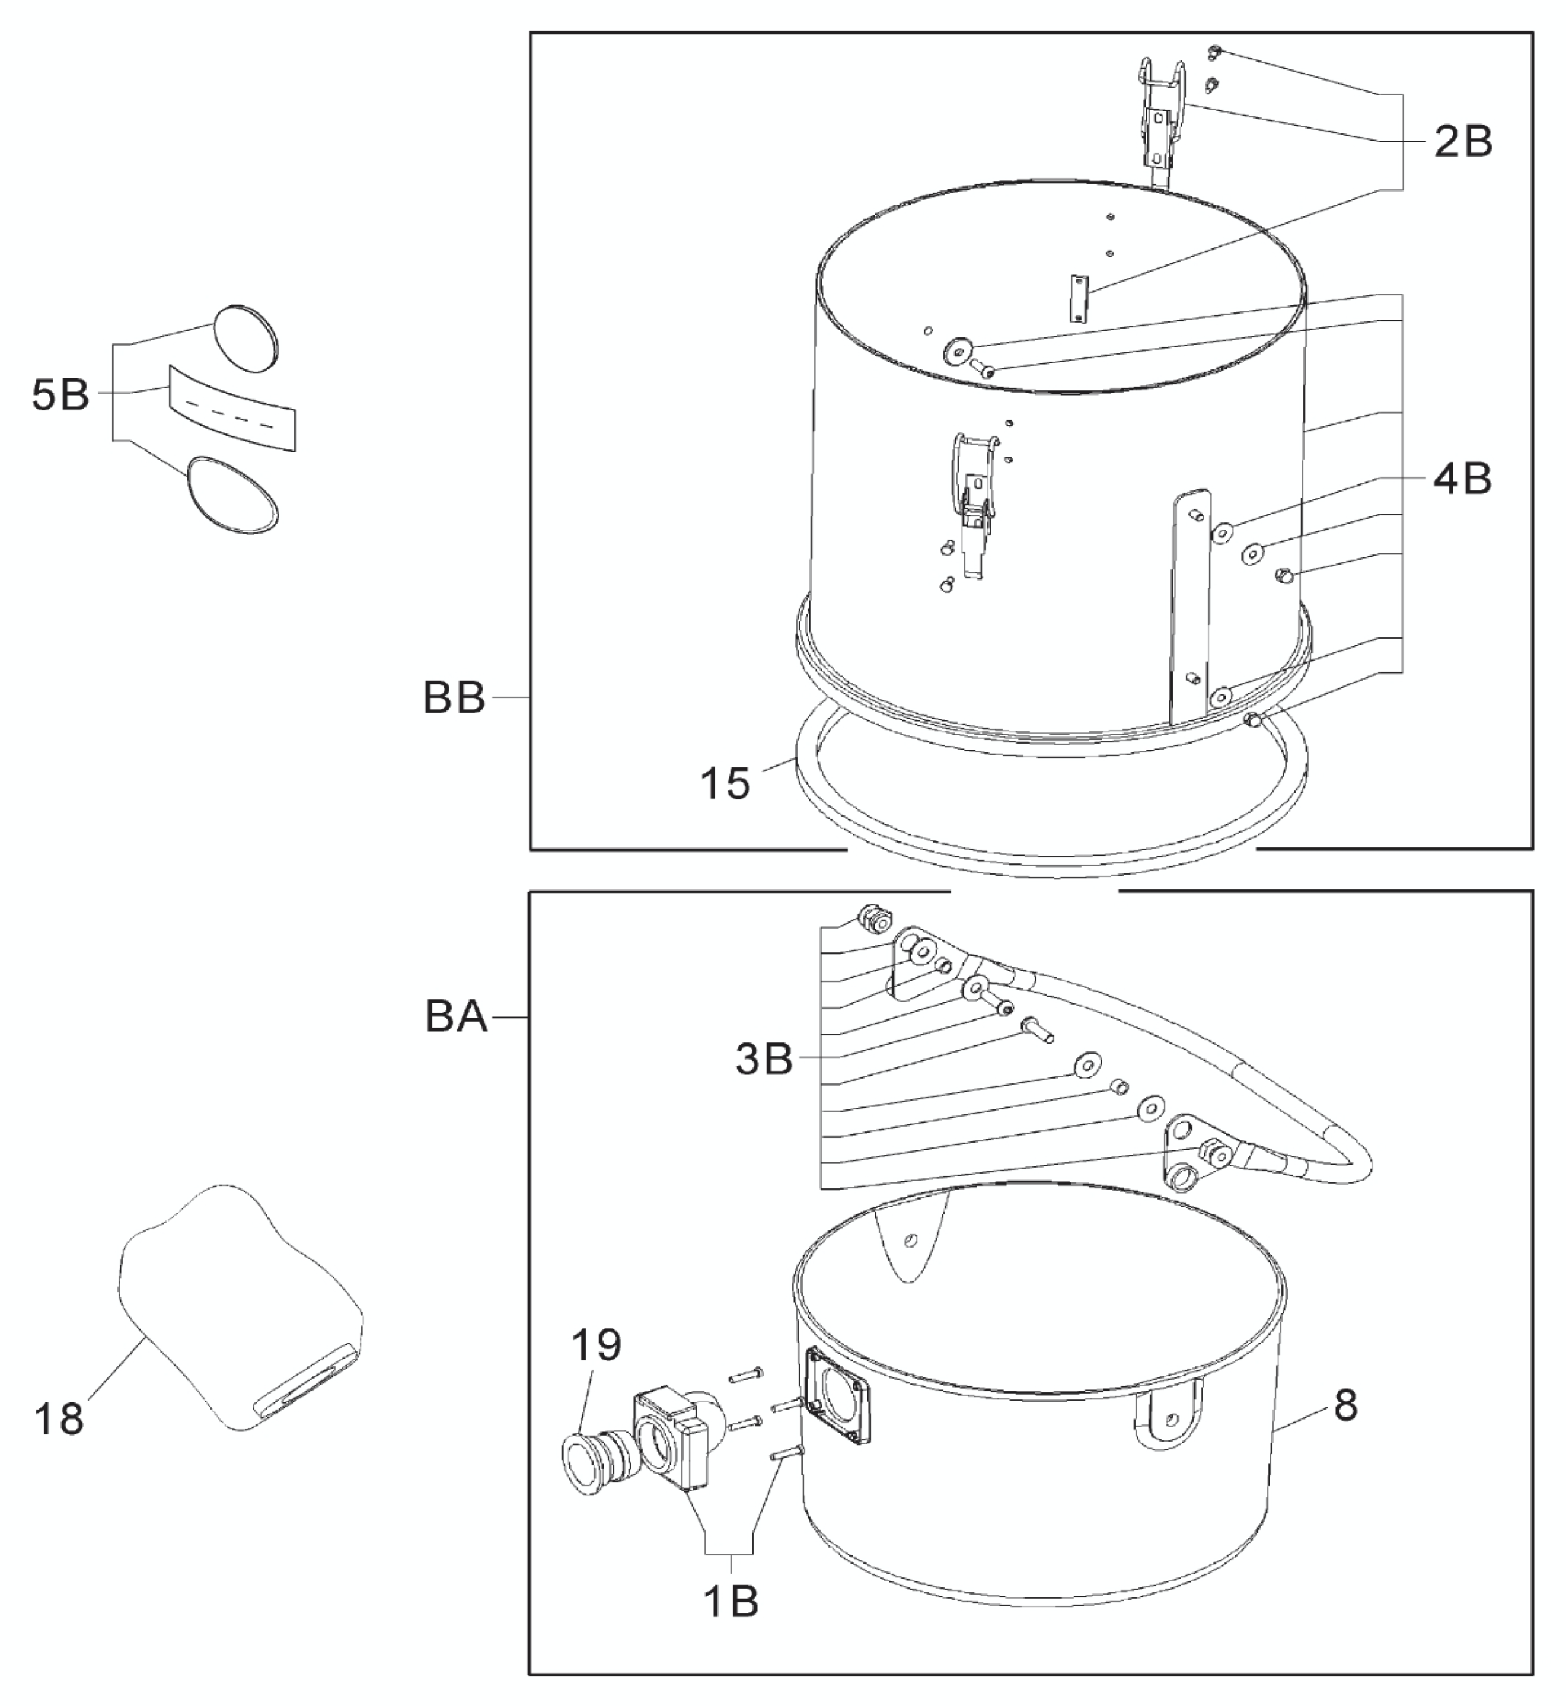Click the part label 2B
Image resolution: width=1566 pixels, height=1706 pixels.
pos(1463,142)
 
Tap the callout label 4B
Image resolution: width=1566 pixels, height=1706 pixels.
pos(1462,479)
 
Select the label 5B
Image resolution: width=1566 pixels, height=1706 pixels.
pos(60,394)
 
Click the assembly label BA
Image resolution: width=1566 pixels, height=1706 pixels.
pos(456,1016)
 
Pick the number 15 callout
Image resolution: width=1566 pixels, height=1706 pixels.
pos(725,783)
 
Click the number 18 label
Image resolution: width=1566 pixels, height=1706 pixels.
pos(59,1418)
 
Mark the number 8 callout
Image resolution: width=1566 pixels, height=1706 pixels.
pos(1345,1406)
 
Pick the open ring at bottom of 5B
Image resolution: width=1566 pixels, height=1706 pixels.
pos(232,495)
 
